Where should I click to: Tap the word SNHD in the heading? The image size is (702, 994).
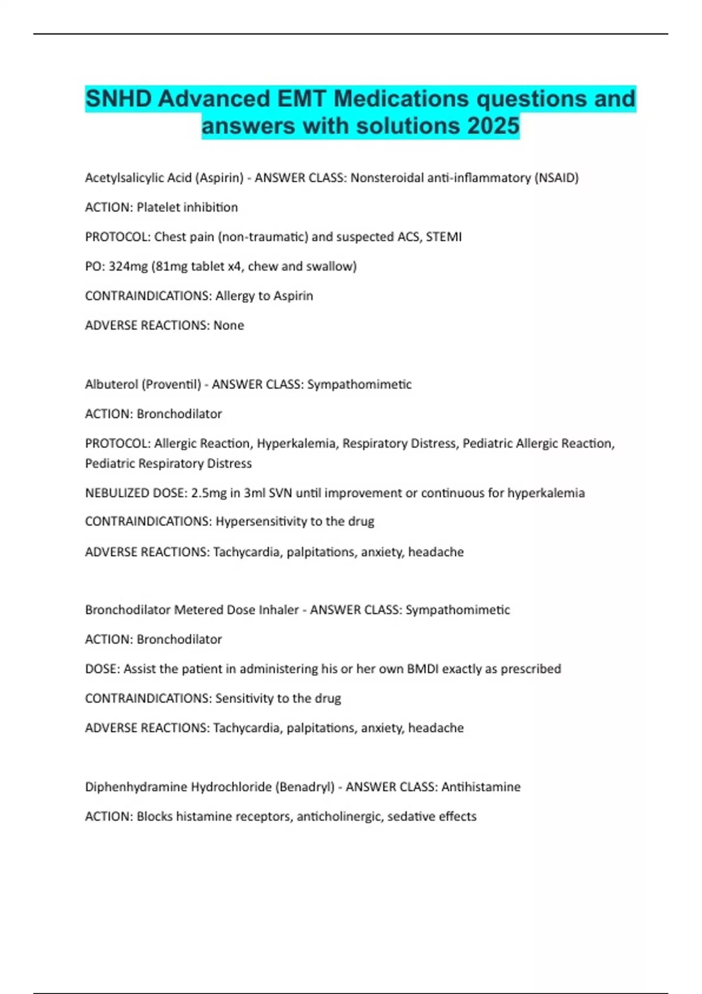pos(118,98)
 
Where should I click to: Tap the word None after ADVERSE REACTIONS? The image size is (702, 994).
pos(229,325)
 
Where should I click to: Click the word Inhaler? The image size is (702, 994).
pos(278,610)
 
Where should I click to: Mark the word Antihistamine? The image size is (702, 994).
pos(481,787)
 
